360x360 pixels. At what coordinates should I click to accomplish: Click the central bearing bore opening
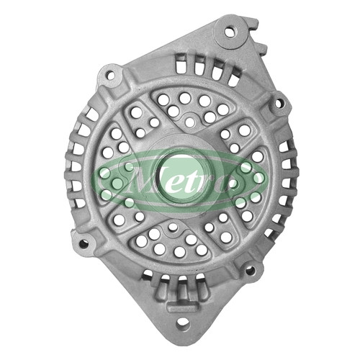[184, 178]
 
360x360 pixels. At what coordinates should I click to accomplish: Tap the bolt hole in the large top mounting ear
[230, 32]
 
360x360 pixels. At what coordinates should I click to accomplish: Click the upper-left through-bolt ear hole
[110, 75]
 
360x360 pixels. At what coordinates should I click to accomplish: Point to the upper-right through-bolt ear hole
[279, 104]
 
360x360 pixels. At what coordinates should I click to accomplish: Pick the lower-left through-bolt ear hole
[84, 243]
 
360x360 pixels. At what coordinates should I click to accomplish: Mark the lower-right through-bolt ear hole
[251, 271]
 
